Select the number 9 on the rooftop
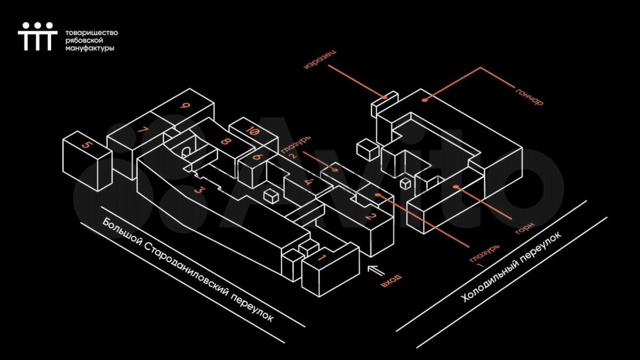coord(185,106)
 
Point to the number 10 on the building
coord(253,131)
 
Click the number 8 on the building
coord(225,141)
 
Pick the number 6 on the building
coord(258,157)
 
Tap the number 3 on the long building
coord(200,190)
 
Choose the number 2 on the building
coord(370,217)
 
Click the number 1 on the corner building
coord(321,258)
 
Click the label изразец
coord(320,60)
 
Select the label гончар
coord(529,96)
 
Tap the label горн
coord(525,228)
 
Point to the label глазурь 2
coord(295,147)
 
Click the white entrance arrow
coord(377,270)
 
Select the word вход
coord(391,281)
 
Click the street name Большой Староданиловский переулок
coord(188,270)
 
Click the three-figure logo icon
coord(38,36)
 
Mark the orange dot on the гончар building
coord(425,100)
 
